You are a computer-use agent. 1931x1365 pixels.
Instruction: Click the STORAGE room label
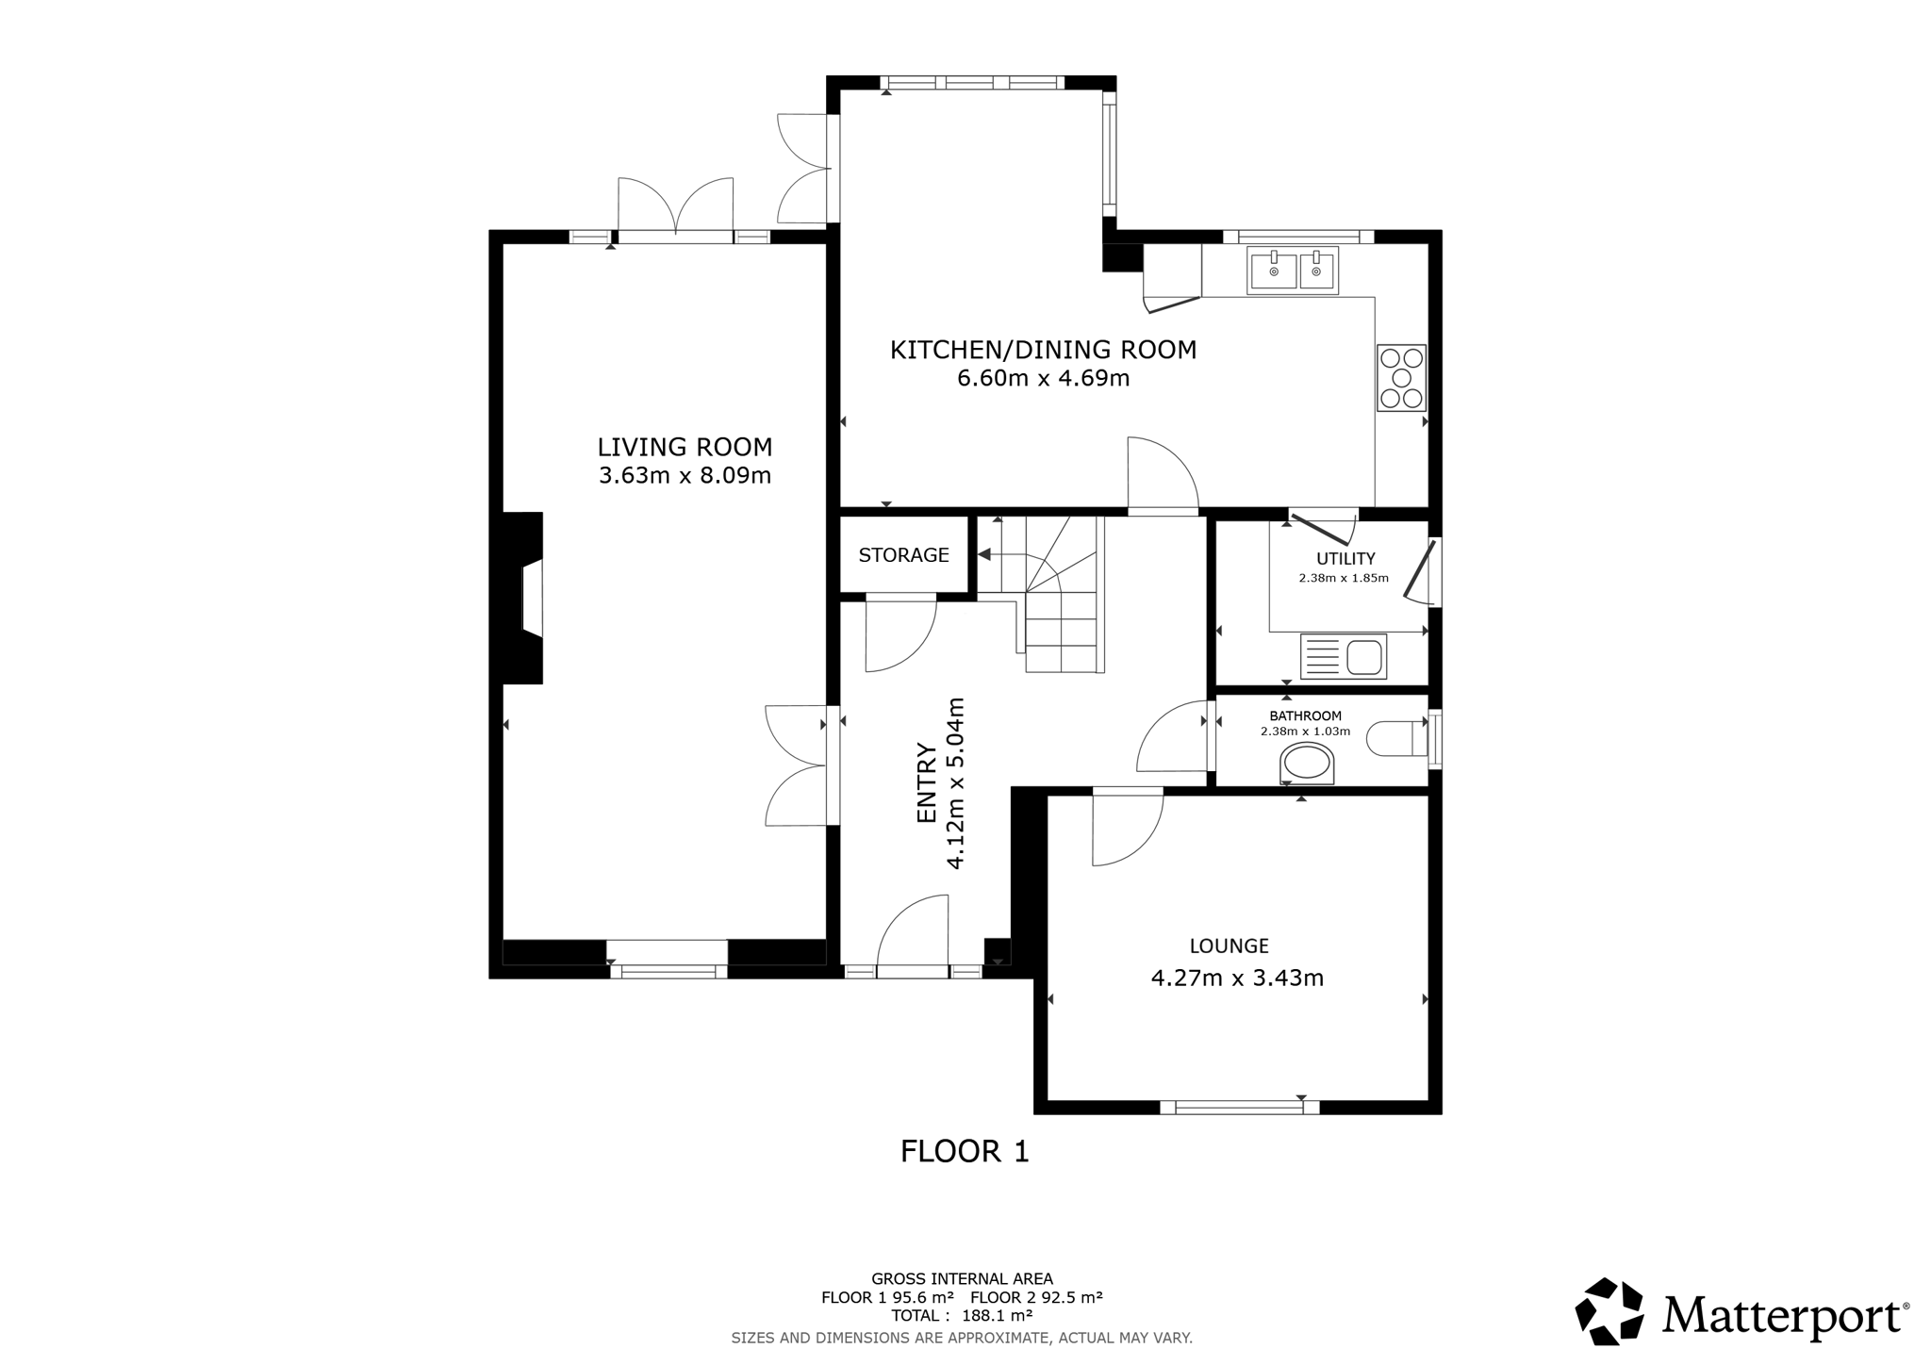tap(903, 555)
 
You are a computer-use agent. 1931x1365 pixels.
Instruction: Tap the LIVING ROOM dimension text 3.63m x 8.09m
tap(685, 475)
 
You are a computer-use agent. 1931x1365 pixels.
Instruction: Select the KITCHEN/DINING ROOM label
tap(1043, 350)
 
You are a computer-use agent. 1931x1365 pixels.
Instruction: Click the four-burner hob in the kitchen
tap(1401, 378)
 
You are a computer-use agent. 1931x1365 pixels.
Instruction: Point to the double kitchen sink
tap(1293, 271)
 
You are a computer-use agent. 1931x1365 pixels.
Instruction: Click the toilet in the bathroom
tap(1398, 738)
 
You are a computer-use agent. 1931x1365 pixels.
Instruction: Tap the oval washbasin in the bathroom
tap(1307, 764)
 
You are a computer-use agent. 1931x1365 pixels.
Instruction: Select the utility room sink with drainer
tap(1344, 656)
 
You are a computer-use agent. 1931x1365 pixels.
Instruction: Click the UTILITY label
tap(1345, 559)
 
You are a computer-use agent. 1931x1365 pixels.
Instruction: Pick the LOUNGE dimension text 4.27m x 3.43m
tap(1237, 979)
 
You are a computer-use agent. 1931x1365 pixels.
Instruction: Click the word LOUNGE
tap(1229, 946)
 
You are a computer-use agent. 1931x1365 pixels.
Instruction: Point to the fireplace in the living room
tap(523, 598)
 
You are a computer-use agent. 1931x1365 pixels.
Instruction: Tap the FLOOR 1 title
tap(965, 1151)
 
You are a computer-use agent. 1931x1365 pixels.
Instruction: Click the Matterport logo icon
tap(1609, 1310)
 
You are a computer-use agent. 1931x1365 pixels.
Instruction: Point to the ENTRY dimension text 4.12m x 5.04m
tap(941, 783)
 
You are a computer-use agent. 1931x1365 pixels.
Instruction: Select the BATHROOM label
tap(1305, 716)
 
